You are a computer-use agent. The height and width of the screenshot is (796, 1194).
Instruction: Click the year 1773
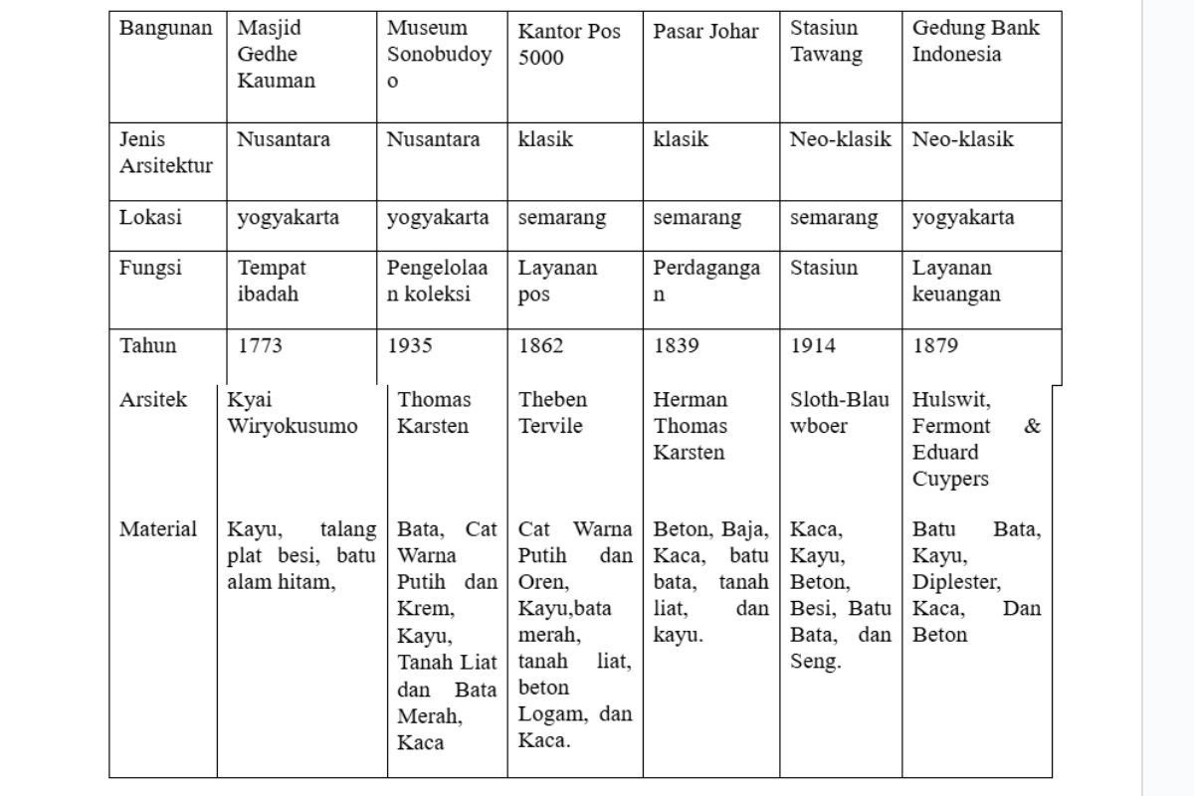pos(260,346)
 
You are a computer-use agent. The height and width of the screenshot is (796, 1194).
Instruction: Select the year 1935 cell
pos(410,346)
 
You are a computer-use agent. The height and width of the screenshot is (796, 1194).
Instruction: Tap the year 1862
pos(540,346)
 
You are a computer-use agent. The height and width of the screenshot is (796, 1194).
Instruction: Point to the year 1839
pos(676,346)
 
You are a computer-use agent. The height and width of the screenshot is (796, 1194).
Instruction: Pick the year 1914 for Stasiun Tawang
pos(813,346)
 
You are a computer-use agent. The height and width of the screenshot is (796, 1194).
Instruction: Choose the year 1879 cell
pos(935,346)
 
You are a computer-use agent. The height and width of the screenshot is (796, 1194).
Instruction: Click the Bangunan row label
pos(165,28)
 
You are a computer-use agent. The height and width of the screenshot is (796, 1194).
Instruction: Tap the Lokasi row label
pos(150,218)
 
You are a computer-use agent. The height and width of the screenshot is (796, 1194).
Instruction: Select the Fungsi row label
pos(150,268)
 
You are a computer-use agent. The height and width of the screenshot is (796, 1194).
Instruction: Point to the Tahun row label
pos(148,346)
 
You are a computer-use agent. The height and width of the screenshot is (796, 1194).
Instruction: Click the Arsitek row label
pos(153,400)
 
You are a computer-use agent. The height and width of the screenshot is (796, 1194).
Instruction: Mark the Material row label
pos(158,529)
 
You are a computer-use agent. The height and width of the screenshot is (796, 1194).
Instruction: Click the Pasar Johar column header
pos(705,31)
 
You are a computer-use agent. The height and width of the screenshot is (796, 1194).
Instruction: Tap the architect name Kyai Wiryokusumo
pos(293,413)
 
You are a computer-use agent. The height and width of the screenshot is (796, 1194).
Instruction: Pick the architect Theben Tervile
pos(553,413)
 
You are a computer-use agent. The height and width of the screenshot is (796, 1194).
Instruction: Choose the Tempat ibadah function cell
pos(269,281)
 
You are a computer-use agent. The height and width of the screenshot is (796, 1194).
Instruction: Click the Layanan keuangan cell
pos(956,281)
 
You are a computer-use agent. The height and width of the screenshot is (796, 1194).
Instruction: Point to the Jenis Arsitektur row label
pos(165,152)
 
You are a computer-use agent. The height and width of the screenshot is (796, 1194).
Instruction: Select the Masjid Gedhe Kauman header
pos(276,54)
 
